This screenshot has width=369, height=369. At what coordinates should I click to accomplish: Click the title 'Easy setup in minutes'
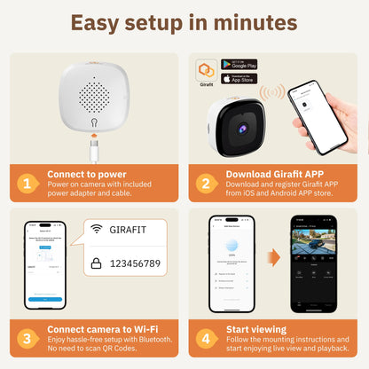[184, 22]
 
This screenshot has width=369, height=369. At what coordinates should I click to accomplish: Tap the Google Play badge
[239, 65]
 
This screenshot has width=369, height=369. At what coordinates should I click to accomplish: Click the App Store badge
[239, 79]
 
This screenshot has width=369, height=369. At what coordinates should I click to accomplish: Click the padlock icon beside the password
[97, 263]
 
